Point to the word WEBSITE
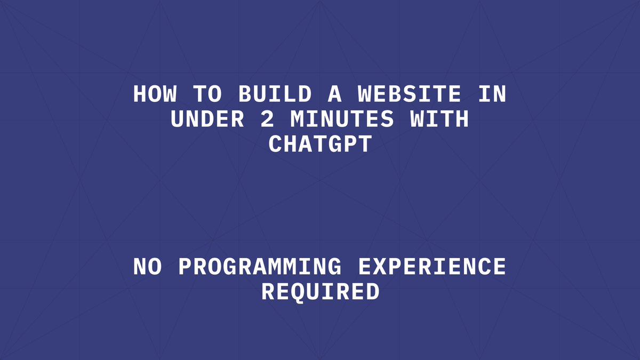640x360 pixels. pyautogui.click(x=409, y=94)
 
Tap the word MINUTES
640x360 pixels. pyautogui.click(x=342, y=119)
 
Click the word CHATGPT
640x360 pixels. pyautogui.click(x=319, y=145)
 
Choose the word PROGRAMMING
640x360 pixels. pyautogui.click(x=259, y=267)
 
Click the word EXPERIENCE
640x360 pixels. pyautogui.click(x=431, y=267)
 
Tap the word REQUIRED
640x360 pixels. pyautogui.click(x=320, y=292)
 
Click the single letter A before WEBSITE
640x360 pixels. pyautogui.click(x=334, y=94)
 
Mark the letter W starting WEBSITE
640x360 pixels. pyautogui.click(x=365, y=94)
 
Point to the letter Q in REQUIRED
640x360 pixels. pyautogui.click(x=298, y=292)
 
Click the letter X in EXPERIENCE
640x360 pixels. pyautogui.click(x=380, y=267)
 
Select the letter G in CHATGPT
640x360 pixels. pyautogui.click(x=334, y=145)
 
